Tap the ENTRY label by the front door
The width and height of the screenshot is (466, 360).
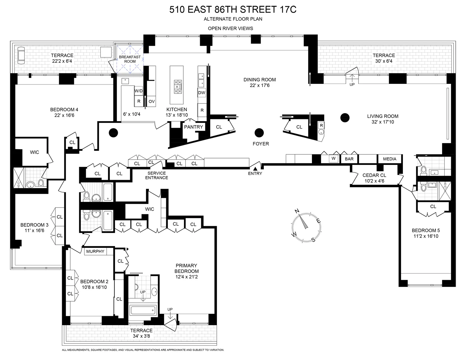coord(255,173)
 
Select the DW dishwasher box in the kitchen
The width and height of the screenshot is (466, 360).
coord(202,93)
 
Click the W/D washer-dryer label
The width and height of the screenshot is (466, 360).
coord(138,91)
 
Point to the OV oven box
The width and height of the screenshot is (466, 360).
coord(151,101)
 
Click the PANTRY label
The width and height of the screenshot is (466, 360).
coord(193,127)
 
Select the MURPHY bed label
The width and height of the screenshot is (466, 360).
coord(95,251)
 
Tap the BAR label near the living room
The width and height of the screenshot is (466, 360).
coord(349,159)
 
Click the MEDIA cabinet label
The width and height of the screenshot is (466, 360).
coord(390,159)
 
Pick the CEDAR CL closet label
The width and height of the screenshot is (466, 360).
coord(374,175)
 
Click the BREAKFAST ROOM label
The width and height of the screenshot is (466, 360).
coord(130,59)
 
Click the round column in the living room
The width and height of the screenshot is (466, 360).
coord(345,117)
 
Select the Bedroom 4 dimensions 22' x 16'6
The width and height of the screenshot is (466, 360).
coord(64,115)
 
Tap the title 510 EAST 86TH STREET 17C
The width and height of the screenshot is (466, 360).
coord(233,9)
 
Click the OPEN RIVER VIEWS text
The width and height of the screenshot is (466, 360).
coord(230,28)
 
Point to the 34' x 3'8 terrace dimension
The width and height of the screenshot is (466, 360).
coord(141,336)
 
